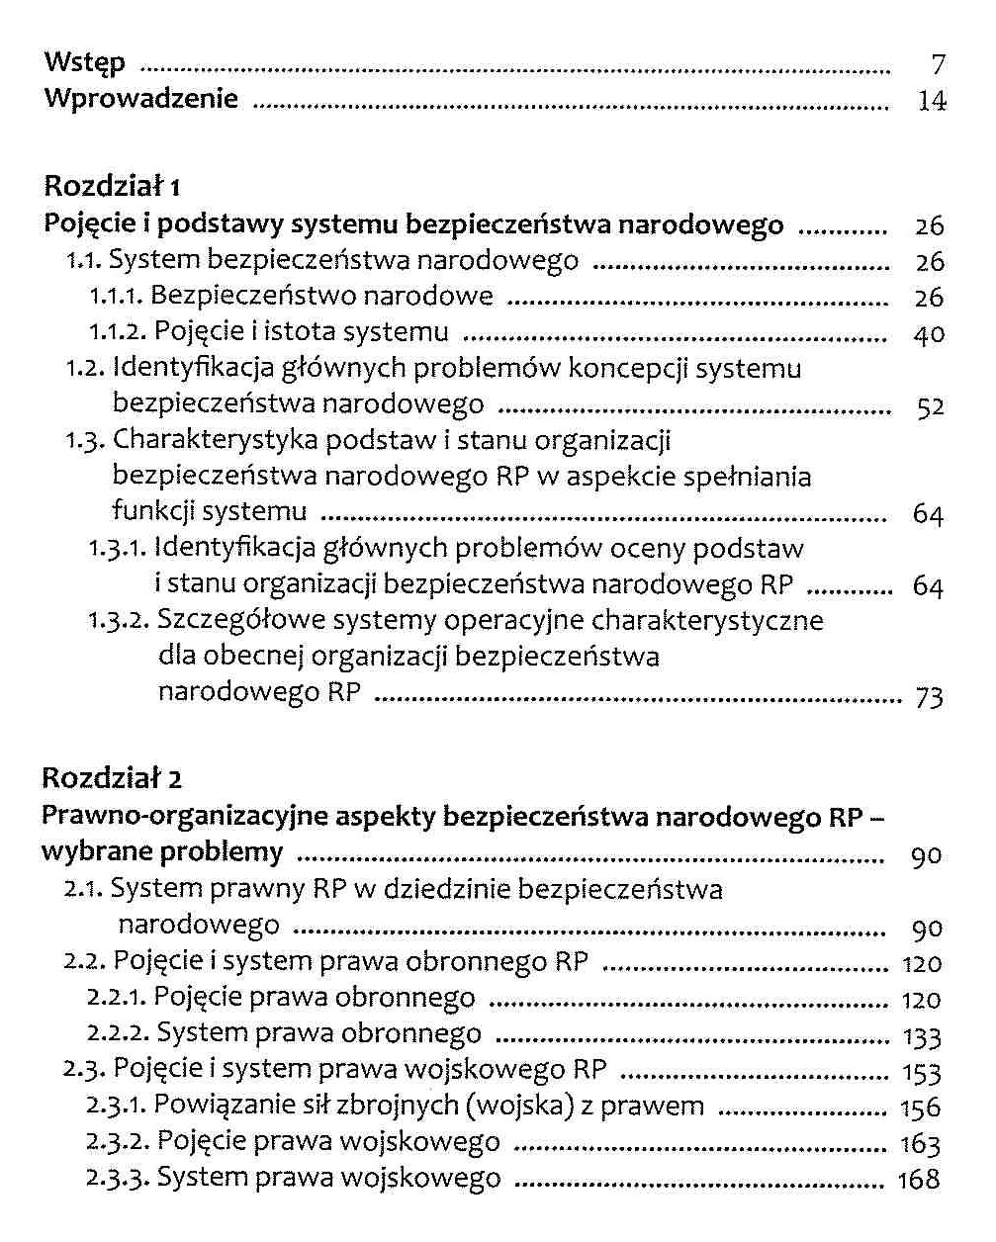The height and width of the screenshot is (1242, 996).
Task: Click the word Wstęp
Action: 85,63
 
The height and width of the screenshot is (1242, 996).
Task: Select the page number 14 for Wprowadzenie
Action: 932,100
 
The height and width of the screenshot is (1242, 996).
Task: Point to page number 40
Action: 929,334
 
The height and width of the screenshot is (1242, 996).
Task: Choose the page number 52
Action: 930,406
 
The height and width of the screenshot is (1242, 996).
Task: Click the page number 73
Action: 930,697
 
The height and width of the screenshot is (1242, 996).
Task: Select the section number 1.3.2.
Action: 118,621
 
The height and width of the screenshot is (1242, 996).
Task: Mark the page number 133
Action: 922,1037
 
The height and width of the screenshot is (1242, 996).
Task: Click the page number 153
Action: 921,1073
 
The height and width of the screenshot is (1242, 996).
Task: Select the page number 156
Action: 920,1109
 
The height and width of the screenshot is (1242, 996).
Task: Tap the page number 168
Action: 918,1180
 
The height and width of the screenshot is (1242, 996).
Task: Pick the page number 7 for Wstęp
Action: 939,65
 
